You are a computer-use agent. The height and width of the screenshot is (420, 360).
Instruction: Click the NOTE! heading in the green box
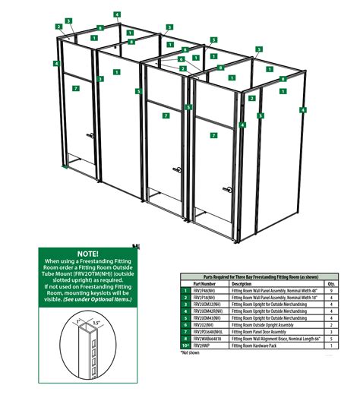(x=87, y=252)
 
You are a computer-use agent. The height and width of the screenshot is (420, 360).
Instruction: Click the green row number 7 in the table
(x=185, y=332)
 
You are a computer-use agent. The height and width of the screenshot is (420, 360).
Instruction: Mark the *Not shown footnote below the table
(x=190, y=353)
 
